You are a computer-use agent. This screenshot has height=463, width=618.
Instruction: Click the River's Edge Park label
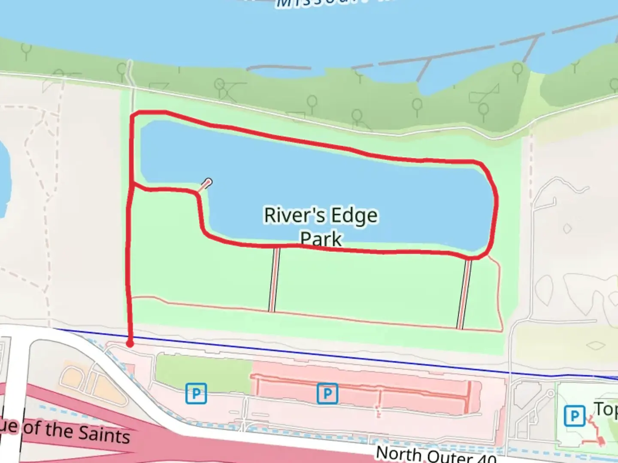(x=321, y=226)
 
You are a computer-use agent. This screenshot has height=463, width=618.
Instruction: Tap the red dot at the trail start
(x=130, y=344)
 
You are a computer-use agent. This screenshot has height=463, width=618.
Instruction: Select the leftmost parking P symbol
(x=196, y=393)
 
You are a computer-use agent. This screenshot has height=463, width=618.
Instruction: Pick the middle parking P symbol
(x=327, y=393)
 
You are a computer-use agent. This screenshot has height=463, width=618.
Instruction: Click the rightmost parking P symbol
(x=574, y=415)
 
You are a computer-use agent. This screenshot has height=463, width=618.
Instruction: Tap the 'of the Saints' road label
(x=76, y=430)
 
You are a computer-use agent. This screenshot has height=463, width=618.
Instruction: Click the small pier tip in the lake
(x=209, y=182)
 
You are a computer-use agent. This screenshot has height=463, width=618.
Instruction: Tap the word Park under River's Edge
(x=321, y=238)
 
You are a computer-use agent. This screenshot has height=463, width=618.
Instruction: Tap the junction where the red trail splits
(x=133, y=184)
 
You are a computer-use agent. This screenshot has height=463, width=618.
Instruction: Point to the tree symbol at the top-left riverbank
(x=26, y=51)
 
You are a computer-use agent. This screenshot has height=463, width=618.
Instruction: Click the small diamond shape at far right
(x=595, y=345)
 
